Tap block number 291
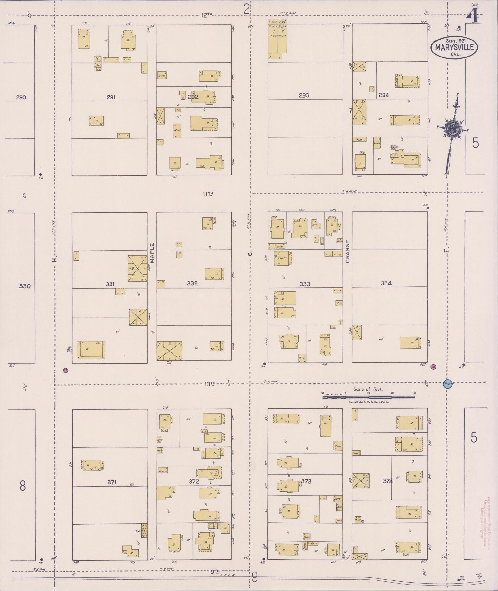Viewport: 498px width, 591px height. pyautogui.click(x=111, y=97)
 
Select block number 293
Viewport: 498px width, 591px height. pyautogui.click(x=304, y=95)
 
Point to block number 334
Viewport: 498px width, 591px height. pyautogui.click(x=386, y=283)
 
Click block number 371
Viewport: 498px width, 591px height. pyautogui.click(x=112, y=482)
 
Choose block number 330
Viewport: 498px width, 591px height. pyautogui.click(x=25, y=286)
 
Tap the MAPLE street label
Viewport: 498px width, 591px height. pyautogui.click(x=152, y=253)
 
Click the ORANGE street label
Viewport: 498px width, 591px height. pyautogui.click(x=348, y=251)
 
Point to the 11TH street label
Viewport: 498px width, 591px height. pyautogui.click(x=208, y=194)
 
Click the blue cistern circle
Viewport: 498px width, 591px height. pyautogui.click(x=448, y=384)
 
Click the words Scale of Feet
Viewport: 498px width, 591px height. pyautogui.click(x=368, y=389)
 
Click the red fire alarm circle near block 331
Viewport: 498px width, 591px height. pyautogui.click(x=65, y=370)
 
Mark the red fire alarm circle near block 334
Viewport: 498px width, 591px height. pyautogui.click(x=433, y=367)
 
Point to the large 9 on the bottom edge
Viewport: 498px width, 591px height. pyautogui.click(x=254, y=576)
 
